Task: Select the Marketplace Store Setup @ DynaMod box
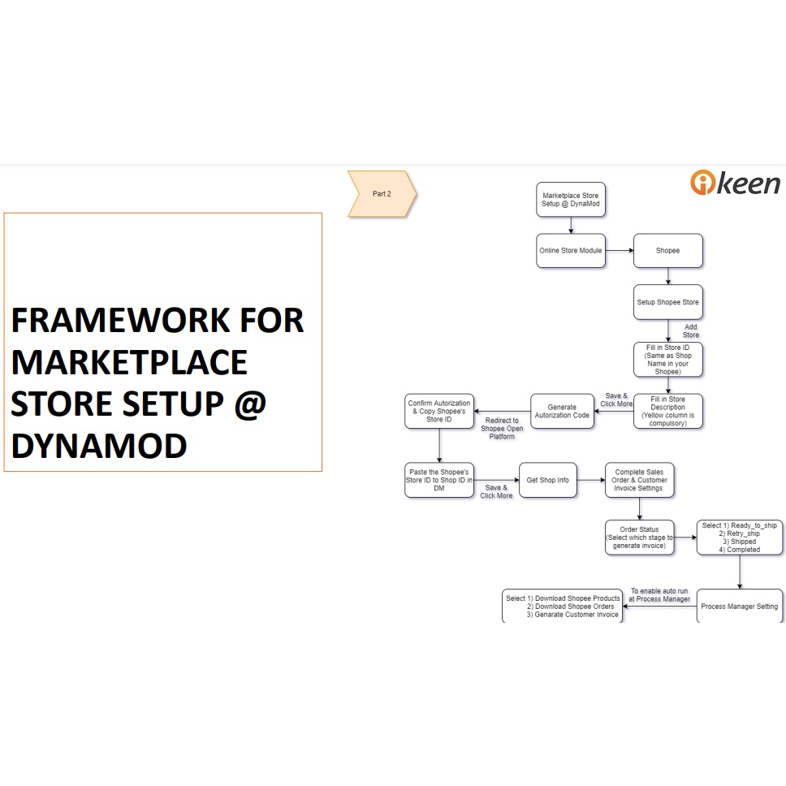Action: pos(571,200)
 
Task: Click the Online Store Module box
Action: pos(571,251)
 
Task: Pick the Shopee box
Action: pos(667,251)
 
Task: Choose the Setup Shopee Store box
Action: pos(667,302)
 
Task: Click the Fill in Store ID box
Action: pos(667,360)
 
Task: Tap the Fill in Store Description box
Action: pos(667,411)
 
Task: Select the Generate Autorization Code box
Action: pos(562,411)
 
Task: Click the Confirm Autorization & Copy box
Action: pos(439,411)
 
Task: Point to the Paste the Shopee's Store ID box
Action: pos(439,480)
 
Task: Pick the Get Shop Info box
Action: pos(548,480)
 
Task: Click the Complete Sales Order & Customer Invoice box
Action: pos(639,480)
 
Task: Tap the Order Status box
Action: pos(639,538)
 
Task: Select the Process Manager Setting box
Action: pos(739,606)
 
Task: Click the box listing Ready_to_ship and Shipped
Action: pos(739,538)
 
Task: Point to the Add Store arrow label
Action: pos(690,331)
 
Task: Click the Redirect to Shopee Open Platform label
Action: pos(502,429)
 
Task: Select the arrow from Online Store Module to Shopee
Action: pos(619,251)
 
